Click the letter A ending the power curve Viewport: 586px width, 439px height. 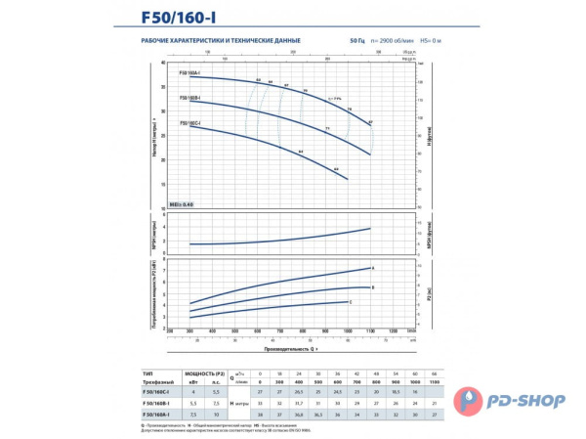click(x=373, y=267)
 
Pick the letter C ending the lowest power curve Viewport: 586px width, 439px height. click(x=351, y=303)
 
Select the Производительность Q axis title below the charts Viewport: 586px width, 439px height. click(x=290, y=346)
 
